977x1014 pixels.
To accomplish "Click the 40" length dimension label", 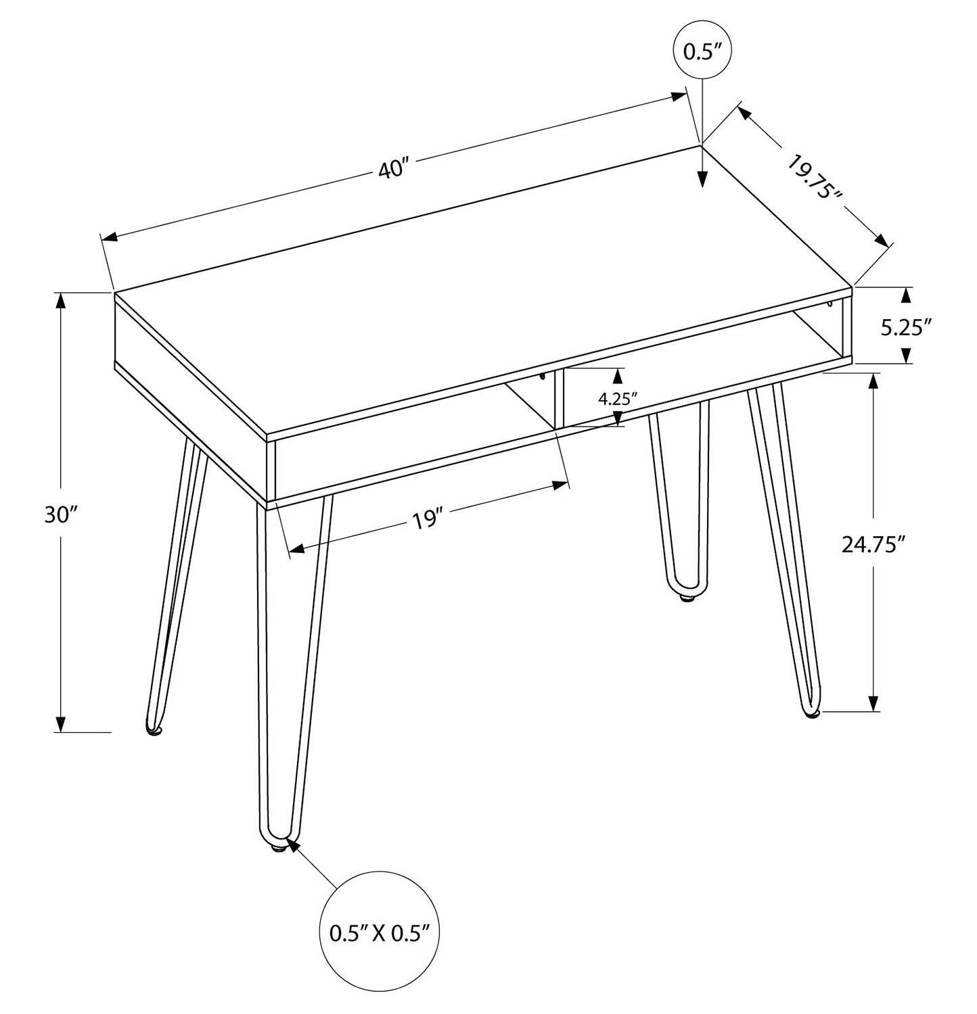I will click(x=394, y=168).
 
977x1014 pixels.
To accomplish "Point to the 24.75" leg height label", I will click(x=873, y=544).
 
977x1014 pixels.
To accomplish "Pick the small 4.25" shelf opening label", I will click(x=618, y=398).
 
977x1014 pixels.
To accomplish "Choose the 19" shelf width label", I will click(x=427, y=521).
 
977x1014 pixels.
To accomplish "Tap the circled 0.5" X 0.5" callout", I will click(x=380, y=934).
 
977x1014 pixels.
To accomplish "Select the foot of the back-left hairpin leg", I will click(x=155, y=729).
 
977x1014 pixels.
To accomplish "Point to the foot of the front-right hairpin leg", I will click(x=811, y=712).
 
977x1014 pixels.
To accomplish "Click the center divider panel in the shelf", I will click(x=558, y=399).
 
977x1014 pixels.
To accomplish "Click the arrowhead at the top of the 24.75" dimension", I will click(x=873, y=381).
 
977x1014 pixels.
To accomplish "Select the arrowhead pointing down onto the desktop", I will click(x=702, y=178).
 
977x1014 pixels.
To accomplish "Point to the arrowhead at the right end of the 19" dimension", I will click(x=560, y=485).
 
